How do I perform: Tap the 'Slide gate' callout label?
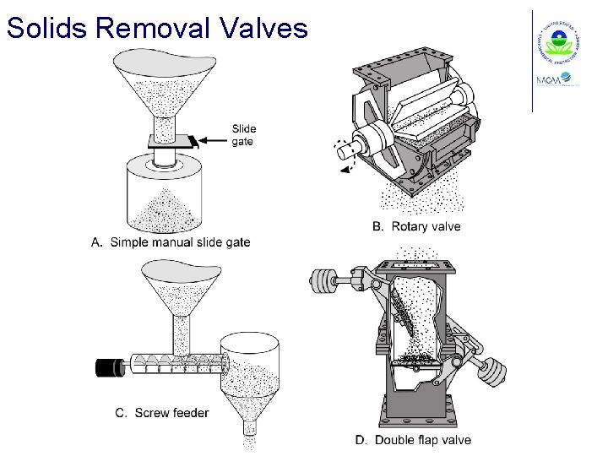click(x=244, y=135)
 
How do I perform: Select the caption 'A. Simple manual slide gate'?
click(x=171, y=242)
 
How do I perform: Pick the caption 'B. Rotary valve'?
click(x=417, y=226)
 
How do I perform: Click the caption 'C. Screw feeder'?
click(x=161, y=413)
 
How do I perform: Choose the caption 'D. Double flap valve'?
click(x=413, y=440)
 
